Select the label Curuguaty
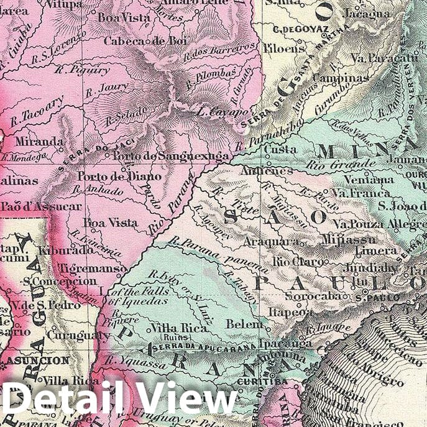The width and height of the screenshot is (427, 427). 77,335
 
